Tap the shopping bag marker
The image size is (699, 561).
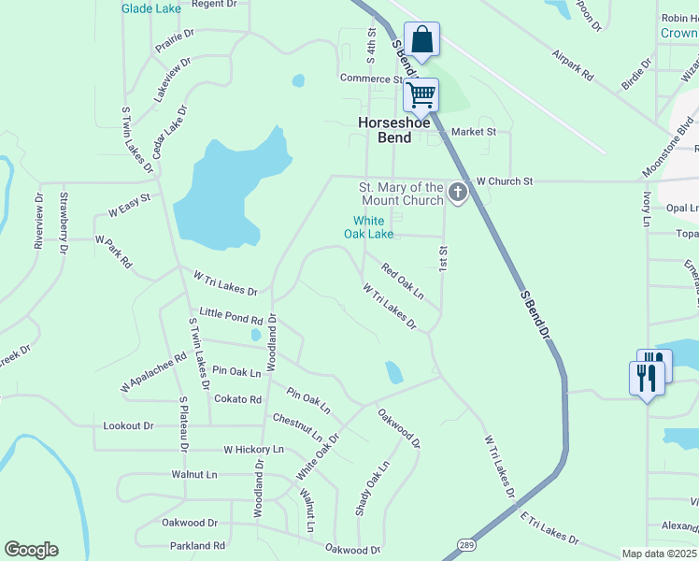tap(422, 40)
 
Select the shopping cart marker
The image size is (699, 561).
tap(421, 93)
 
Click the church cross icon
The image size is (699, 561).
tap(457, 194)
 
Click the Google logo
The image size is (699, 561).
tap(31, 550)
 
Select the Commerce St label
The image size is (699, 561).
tap(371, 79)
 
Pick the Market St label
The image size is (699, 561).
tap(474, 132)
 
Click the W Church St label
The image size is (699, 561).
tap(504, 180)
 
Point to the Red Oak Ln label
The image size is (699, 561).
tap(402, 281)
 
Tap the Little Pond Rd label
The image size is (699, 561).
tap(231, 316)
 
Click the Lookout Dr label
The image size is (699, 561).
tap(128, 425)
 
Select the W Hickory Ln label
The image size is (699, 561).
tap(253, 450)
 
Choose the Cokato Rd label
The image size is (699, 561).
tap(237, 399)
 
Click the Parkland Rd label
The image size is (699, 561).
tap(193, 545)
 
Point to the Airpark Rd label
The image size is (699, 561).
tap(573, 65)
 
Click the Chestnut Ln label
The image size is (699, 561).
tap(298, 428)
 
